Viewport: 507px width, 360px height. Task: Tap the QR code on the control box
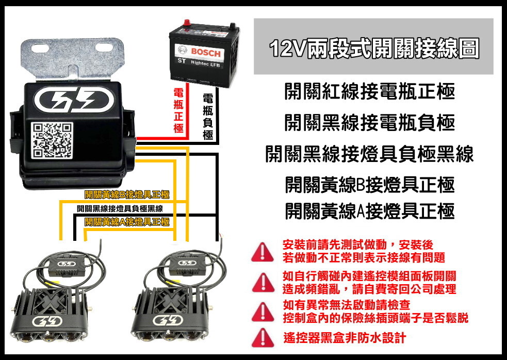pyautogui.click(x=52, y=140)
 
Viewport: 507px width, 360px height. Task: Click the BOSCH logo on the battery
pyautogui.click(x=205, y=53)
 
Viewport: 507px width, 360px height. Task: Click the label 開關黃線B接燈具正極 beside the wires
pyautogui.click(x=127, y=194)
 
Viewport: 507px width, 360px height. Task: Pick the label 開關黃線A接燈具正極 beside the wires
pyautogui.click(x=127, y=222)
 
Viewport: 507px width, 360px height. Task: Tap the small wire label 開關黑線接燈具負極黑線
pyautogui.click(x=120, y=208)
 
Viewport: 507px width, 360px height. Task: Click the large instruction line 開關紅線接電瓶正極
pyautogui.click(x=369, y=92)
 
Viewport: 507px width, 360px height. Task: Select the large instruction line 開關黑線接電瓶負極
pyautogui.click(x=369, y=123)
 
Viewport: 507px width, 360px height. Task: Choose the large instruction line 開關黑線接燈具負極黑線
pyautogui.click(x=369, y=153)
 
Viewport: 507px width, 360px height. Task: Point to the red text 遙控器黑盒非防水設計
pyautogui.click(x=345, y=338)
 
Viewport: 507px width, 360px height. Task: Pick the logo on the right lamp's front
pyautogui.click(x=166, y=323)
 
